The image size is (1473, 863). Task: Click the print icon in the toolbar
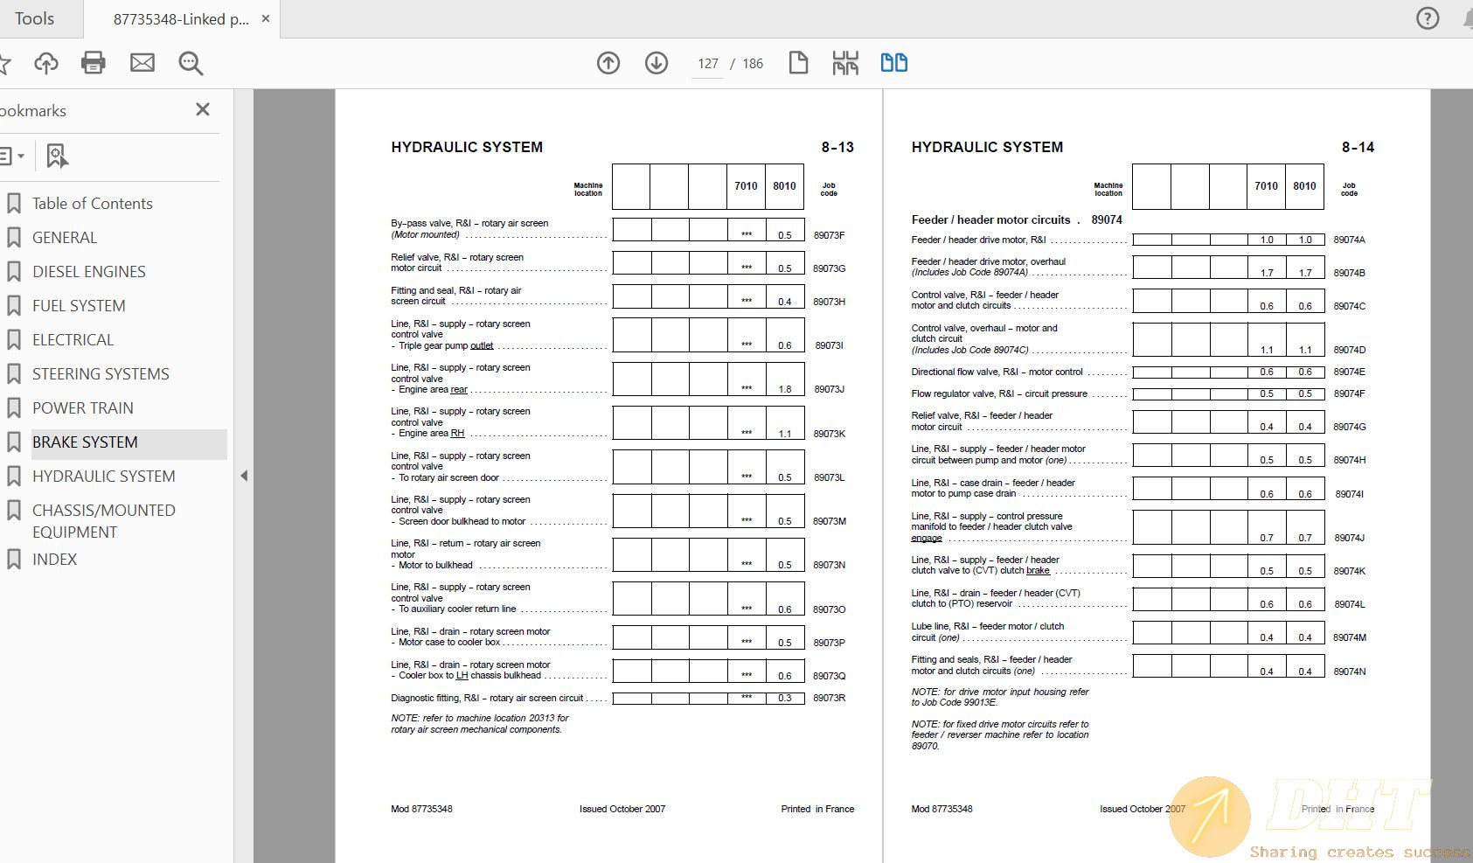point(93,63)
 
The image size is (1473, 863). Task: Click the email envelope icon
point(142,63)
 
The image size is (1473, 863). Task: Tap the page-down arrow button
point(657,63)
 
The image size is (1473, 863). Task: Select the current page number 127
point(707,64)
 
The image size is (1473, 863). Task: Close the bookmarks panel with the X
point(203,109)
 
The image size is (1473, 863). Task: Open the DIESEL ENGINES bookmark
point(89,272)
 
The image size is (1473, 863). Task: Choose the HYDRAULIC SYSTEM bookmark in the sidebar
point(103,477)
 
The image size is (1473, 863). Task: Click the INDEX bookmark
point(54,560)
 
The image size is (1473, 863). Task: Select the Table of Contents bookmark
point(92,204)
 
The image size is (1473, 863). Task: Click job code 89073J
point(829,389)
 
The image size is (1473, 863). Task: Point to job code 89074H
point(1349,460)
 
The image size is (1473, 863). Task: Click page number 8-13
point(837,147)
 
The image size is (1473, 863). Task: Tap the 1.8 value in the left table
point(785,389)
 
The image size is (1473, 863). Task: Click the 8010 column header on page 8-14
point(1304,186)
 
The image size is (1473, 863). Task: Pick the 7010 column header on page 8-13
point(746,186)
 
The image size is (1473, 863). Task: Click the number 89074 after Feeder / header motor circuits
point(1107,220)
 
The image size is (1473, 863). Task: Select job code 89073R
point(829,698)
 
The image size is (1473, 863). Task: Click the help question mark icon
point(1428,18)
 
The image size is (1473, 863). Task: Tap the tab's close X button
point(266,18)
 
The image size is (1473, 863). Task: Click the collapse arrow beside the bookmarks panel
point(244,476)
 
